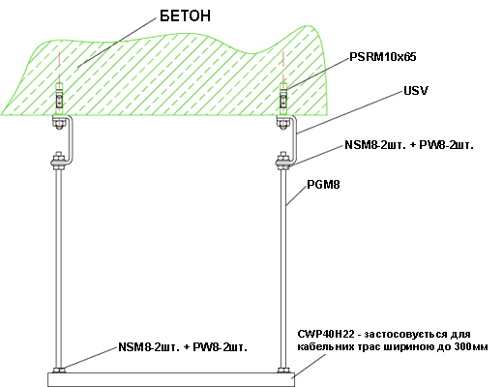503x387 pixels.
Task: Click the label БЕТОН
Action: point(185,15)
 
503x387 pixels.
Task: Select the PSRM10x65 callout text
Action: point(383,57)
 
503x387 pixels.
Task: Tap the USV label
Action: point(416,91)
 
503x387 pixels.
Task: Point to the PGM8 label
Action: point(323,185)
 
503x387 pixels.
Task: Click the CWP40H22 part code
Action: point(326,334)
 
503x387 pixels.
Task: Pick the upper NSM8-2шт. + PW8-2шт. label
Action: point(409,145)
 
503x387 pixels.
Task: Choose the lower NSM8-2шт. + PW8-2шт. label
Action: point(183,347)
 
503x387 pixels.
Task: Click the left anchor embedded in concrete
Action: point(59,99)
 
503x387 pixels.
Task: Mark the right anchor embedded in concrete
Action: point(283,99)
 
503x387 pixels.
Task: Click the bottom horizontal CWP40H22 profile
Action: point(171,380)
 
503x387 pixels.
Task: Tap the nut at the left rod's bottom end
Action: point(59,371)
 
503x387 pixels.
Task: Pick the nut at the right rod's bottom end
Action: point(283,371)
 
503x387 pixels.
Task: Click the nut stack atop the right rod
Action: point(283,161)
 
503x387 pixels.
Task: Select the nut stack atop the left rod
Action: point(59,161)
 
